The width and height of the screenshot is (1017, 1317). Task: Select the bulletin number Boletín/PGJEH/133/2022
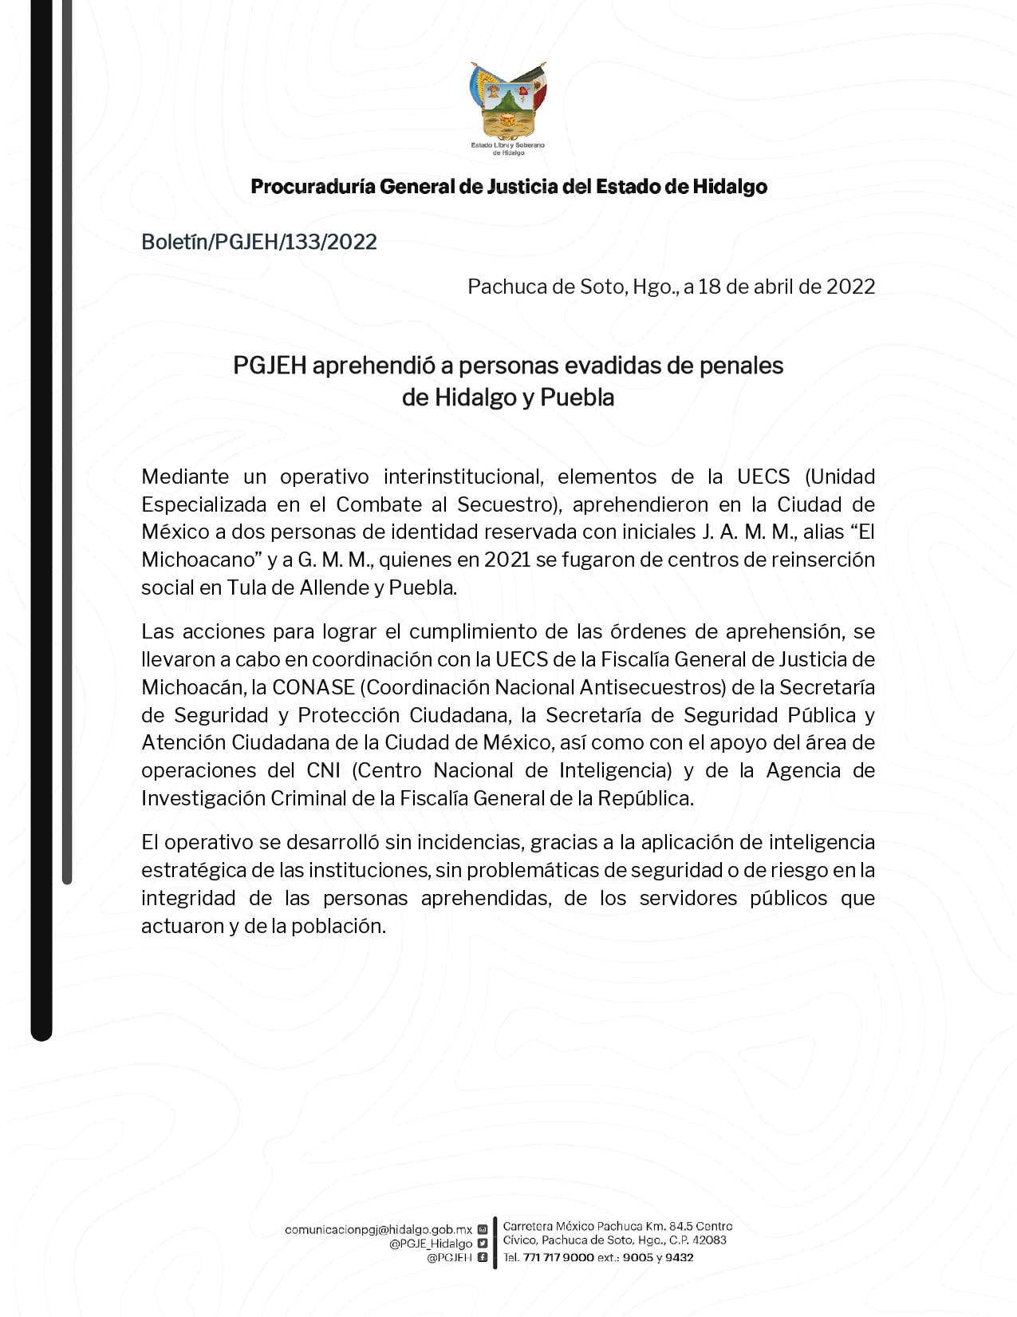pos(259,242)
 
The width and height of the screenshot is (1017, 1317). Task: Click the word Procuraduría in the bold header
pos(313,187)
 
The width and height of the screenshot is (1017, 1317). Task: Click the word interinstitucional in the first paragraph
pos(462,477)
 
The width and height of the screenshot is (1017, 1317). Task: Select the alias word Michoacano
pos(196,560)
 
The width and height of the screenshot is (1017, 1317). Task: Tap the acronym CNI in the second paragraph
pos(323,770)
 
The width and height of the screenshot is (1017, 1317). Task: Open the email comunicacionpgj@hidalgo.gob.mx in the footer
pos(378,1230)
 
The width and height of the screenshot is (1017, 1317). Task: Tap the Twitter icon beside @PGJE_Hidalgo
pos(482,1244)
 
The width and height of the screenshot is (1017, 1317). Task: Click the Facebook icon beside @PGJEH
pos(482,1257)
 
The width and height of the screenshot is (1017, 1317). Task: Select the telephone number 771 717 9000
pos(558,1257)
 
